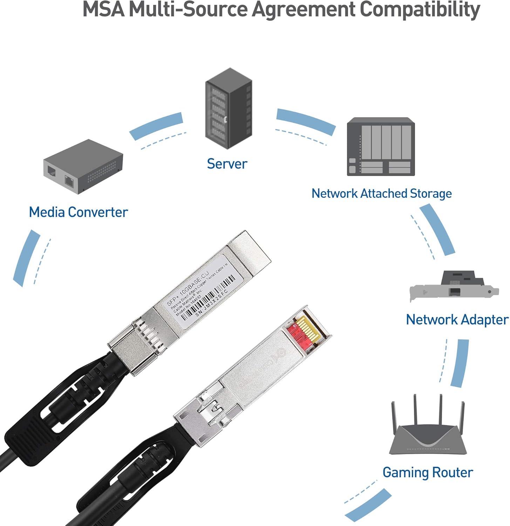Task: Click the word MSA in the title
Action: [x=104, y=10]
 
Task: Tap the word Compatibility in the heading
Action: [x=420, y=10]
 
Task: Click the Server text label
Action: [x=227, y=164]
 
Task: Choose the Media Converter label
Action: [x=78, y=212]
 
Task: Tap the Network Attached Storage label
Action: [x=381, y=194]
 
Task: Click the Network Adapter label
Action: [x=457, y=319]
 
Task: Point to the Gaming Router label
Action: [x=428, y=472]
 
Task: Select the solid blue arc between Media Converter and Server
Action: [x=156, y=126]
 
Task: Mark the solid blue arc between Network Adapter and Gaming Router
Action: [x=460, y=363]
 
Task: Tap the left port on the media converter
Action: [x=52, y=172]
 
